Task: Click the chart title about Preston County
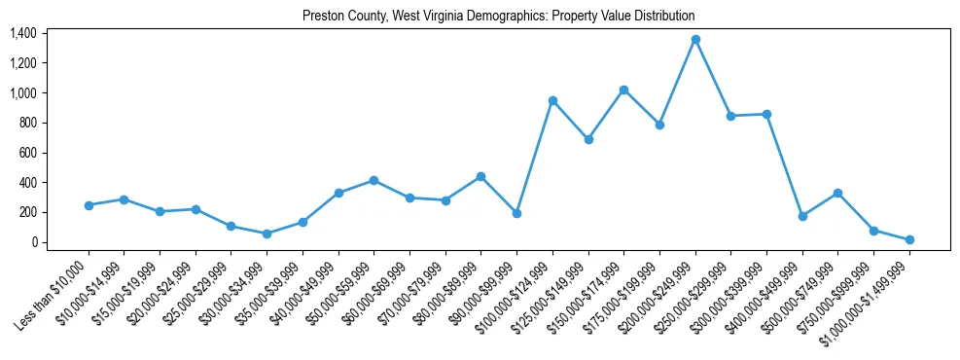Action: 498,16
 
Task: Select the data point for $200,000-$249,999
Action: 695,40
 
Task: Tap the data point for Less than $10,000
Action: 89,205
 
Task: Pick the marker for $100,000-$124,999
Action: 552,100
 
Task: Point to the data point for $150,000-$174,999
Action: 623,90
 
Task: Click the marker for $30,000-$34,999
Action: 267,234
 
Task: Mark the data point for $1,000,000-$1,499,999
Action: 909,239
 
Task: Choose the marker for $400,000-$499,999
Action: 802,216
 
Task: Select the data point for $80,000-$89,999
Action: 480,176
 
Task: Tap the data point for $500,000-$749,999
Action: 837,193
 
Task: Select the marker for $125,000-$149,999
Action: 588,139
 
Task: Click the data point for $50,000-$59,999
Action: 373,181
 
